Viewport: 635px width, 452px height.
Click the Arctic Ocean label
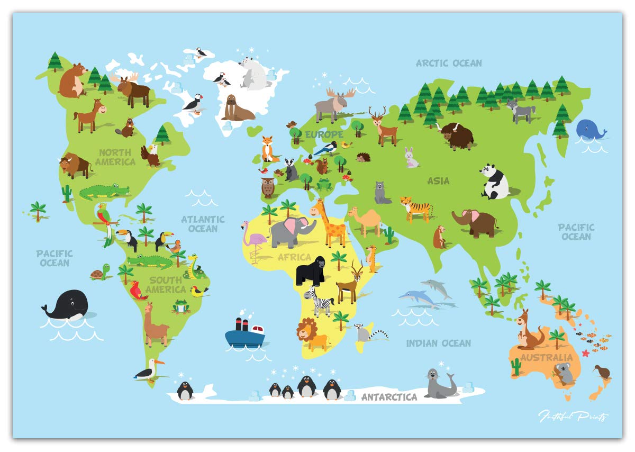point(449,63)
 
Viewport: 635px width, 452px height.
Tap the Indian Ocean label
point(438,343)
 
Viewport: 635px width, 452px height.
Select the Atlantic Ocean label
point(203,224)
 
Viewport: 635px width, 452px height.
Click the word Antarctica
point(389,397)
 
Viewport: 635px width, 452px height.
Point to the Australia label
point(547,358)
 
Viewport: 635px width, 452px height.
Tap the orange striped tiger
point(416,207)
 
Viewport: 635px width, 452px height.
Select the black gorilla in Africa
point(310,270)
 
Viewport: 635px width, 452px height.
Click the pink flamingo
point(252,241)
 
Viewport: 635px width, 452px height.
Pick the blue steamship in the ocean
point(244,333)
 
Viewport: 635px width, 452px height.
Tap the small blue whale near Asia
point(589,129)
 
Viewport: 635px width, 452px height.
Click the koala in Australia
point(565,374)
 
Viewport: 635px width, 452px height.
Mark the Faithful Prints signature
point(573,417)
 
